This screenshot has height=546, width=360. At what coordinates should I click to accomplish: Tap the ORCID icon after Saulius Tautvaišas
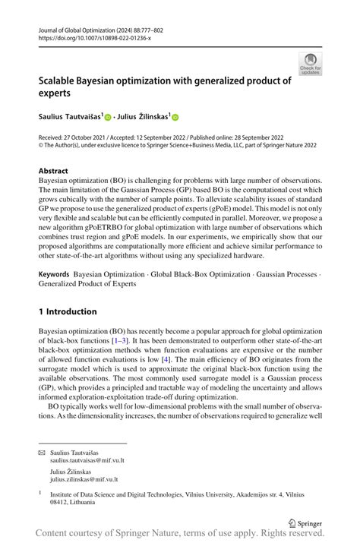click(x=108, y=118)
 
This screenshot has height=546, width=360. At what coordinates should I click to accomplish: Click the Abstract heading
click(x=53, y=172)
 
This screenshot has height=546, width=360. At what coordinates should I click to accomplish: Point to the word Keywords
click(x=56, y=273)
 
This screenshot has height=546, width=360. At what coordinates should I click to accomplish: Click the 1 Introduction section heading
click(x=68, y=311)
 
